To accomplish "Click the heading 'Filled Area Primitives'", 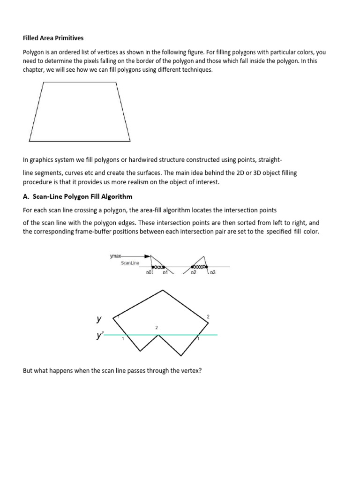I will [x=53, y=38].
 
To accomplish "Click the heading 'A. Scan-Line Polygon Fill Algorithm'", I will [x=78, y=196].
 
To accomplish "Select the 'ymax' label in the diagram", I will [x=115, y=256].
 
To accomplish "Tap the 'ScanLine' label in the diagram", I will [x=130, y=263].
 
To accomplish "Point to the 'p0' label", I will [x=150, y=272].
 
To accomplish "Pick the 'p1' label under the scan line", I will [x=165, y=272].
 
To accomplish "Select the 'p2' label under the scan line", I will [x=194, y=272].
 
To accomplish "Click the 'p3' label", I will [x=212, y=272].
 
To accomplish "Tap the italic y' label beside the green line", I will [x=99, y=335].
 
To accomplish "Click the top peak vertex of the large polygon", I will [x=163, y=291].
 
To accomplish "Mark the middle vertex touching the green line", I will [x=159, y=335].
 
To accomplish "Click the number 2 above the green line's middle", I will [x=157, y=327].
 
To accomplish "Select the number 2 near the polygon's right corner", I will [x=208, y=317].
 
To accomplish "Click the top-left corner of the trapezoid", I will [x=43, y=82].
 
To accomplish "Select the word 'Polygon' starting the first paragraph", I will [x=34, y=53].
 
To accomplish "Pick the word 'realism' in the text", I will [x=144, y=181].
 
